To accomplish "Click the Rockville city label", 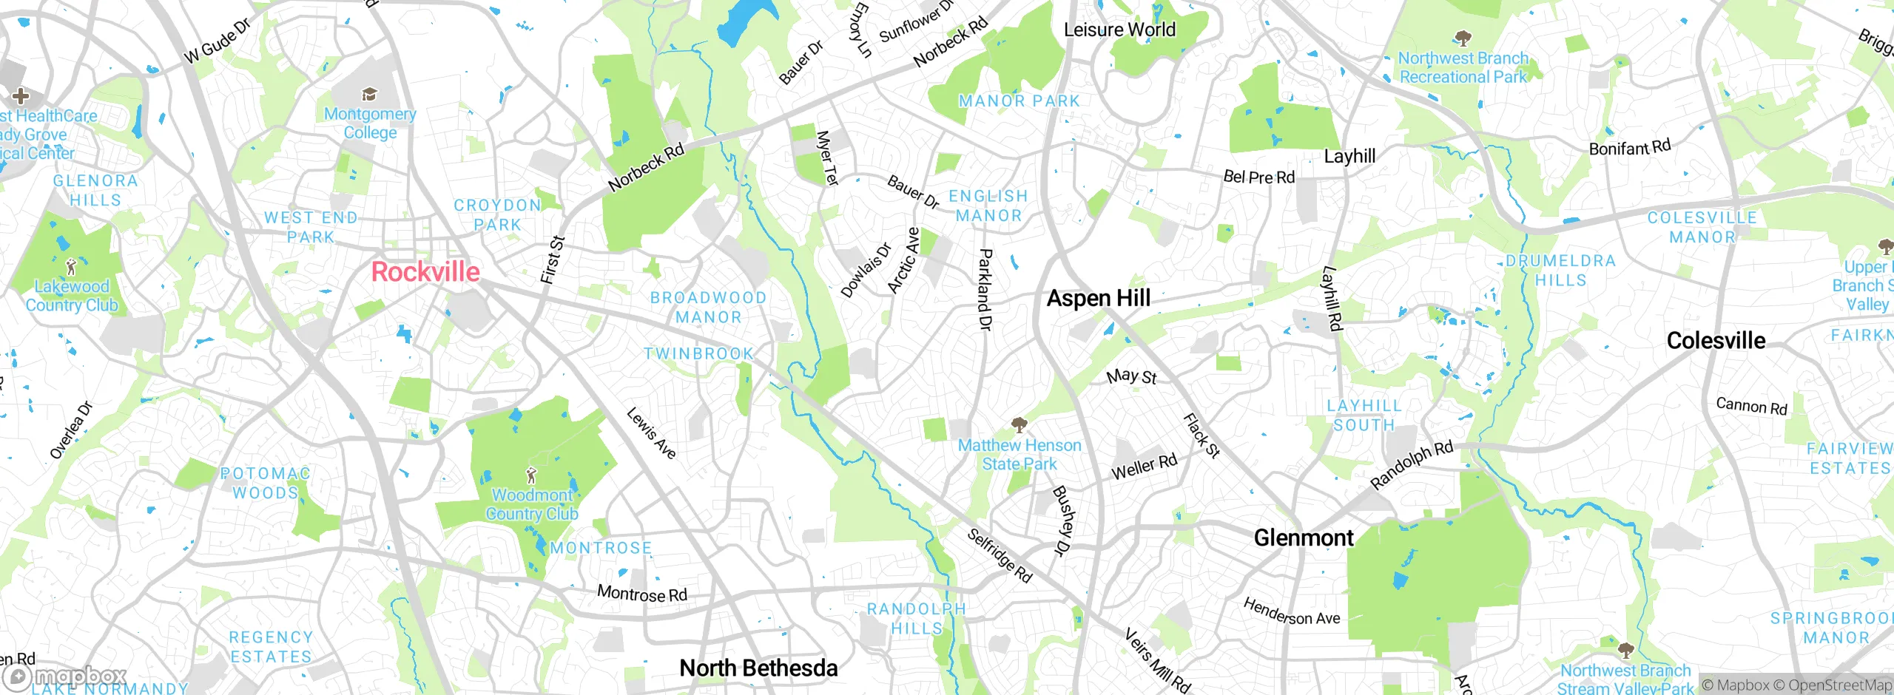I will pos(425,272).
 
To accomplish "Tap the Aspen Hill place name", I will pos(1099,298).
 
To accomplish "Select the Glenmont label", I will pos(1304,538).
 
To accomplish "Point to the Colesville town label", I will pos(1716,341).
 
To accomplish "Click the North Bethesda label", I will pos(758,668).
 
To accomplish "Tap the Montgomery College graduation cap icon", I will pos(369,94).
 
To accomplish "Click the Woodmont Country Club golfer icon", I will pos(530,475).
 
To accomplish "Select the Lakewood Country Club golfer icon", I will pos(71,266).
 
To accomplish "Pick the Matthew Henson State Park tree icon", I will pos(1020,424).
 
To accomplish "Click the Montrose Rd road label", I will pos(641,594).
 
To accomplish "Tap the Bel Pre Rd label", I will pos(1258,177).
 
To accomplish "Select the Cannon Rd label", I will pos(1751,406).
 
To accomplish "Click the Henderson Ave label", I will pos(1291,612).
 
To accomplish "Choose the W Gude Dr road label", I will pos(218,41).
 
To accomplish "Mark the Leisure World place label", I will pos(1119,30).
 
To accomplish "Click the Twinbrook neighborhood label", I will pos(698,353).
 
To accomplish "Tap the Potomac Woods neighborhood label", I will pos(265,483).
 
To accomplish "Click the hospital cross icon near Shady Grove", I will pos(21,95).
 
